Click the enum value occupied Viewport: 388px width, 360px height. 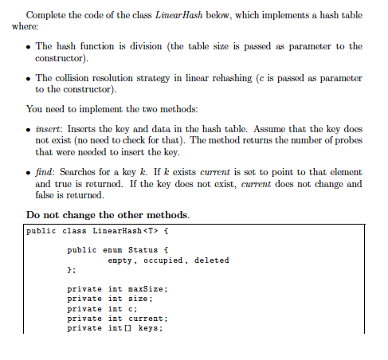[161, 260]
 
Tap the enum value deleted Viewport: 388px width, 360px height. [211, 260]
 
